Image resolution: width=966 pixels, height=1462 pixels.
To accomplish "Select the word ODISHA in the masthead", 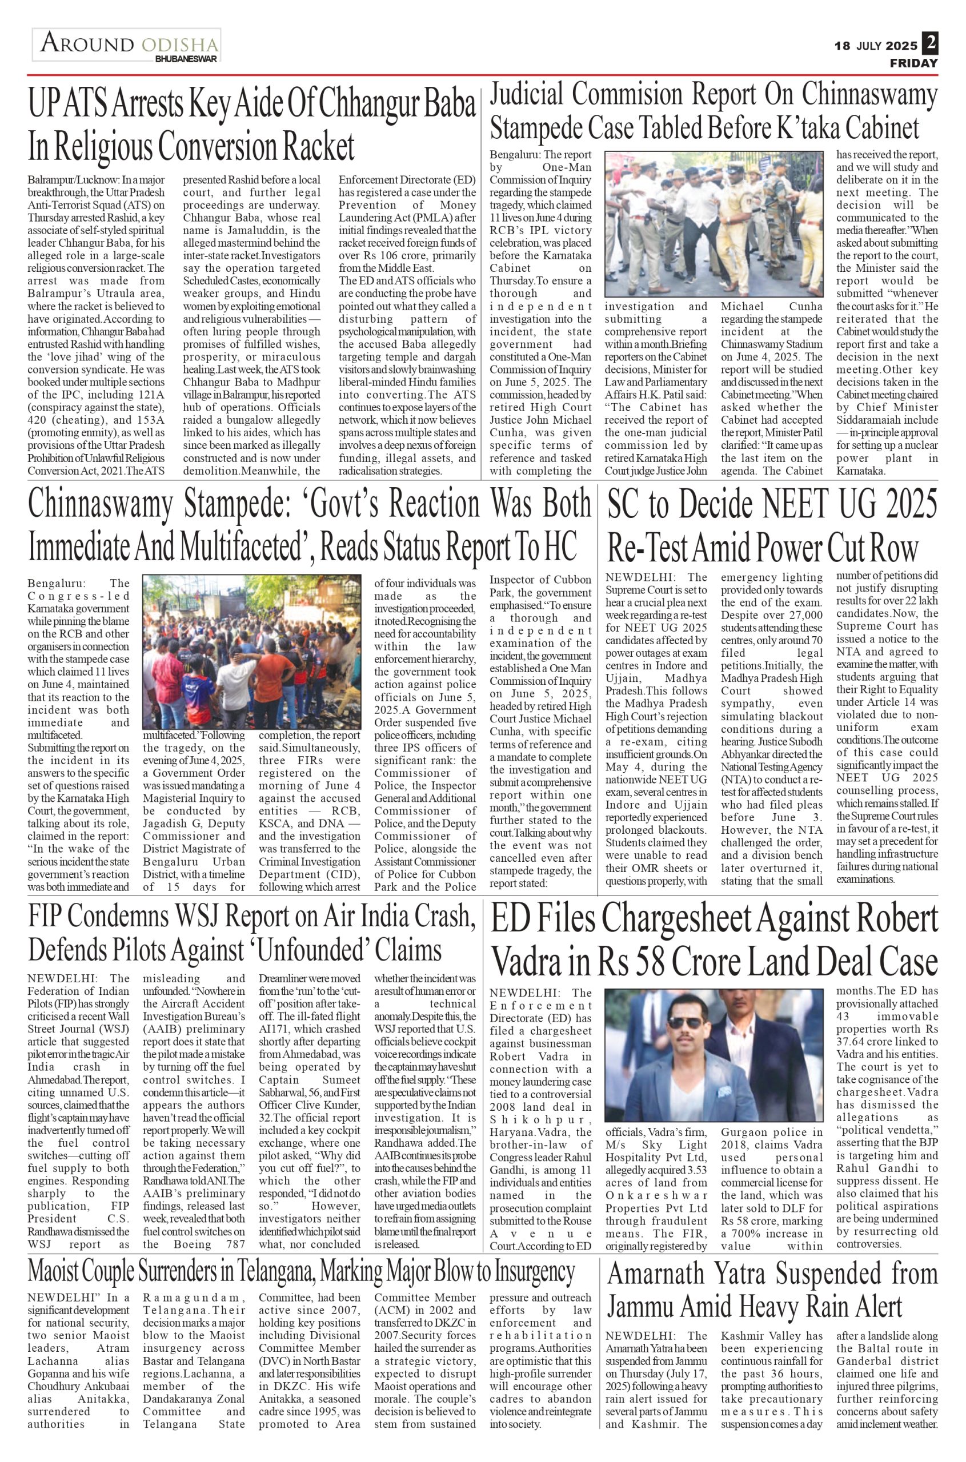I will pyautogui.click(x=180, y=45).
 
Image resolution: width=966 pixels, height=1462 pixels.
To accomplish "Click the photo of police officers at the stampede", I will pyautogui.click(x=714, y=224).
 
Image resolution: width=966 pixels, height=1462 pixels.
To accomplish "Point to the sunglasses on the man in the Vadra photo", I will pyautogui.click(x=684, y=1040).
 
